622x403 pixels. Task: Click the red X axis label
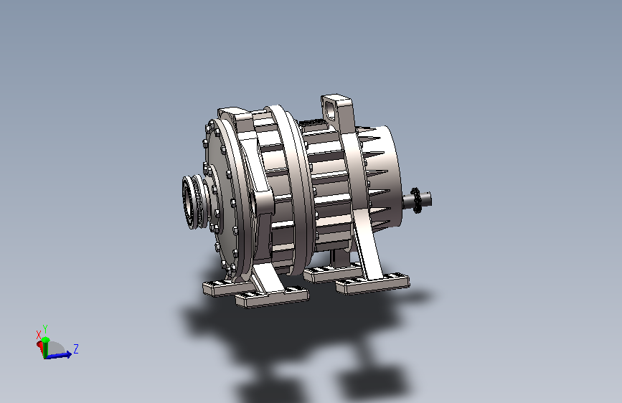(x=39, y=335)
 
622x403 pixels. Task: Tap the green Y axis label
(x=45, y=329)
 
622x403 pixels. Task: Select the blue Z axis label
(x=76, y=349)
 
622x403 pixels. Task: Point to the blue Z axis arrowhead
(x=69, y=354)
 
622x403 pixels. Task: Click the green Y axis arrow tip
(x=46, y=340)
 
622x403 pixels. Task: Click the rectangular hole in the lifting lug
(x=329, y=110)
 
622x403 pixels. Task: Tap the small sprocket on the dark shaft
(x=415, y=200)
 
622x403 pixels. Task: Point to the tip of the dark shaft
(x=430, y=199)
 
